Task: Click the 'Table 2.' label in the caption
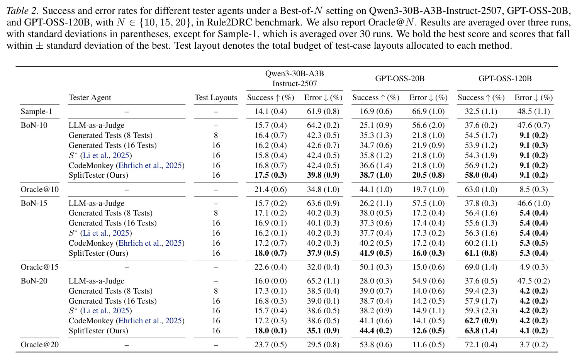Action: [x=22, y=11]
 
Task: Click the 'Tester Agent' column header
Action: [x=90, y=97]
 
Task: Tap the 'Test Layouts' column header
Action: [x=216, y=97]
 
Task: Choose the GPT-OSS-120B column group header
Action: [x=505, y=78]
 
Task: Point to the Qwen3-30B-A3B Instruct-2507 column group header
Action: [x=294, y=78]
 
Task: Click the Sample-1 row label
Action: [x=36, y=111]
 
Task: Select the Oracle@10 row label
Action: [x=40, y=189]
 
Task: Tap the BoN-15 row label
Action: [x=34, y=203]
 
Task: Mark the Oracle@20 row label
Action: [x=40, y=345]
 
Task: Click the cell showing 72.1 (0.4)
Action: [x=481, y=345]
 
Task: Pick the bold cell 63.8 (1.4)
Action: [x=481, y=331]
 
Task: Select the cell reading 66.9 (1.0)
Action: [x=428, y=111]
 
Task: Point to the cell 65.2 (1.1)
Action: [x=323, y=281]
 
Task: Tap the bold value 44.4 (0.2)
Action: [x=376, y=331]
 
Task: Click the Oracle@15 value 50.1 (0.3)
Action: [x=376, y=267]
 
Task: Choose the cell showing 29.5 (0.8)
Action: [x=323, y=345]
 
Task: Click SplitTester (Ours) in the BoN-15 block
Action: [x=98, y=253]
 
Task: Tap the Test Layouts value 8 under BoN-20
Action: [x=216, y=291]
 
